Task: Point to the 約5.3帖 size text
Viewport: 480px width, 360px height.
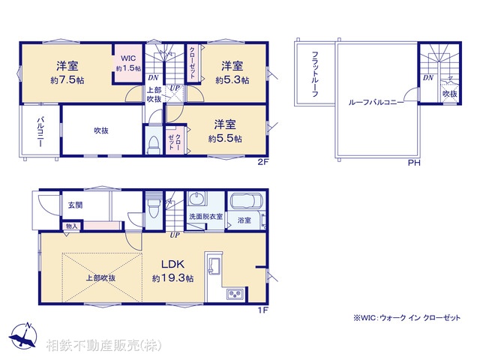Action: pos(231,79)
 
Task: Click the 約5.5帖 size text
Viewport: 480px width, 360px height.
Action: pos(225,138)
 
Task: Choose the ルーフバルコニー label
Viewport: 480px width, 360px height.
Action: pos(377,101)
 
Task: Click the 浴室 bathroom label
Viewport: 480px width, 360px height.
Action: pos(244,220)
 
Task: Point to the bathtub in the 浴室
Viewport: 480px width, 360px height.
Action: pos(244,202)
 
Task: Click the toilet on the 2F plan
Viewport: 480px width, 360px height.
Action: pos(154,144)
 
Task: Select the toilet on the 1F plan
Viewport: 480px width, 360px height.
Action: pos(154,205)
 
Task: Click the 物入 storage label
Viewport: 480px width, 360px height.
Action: pos(71,226)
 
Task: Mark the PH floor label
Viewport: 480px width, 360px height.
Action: pos(413,163)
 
